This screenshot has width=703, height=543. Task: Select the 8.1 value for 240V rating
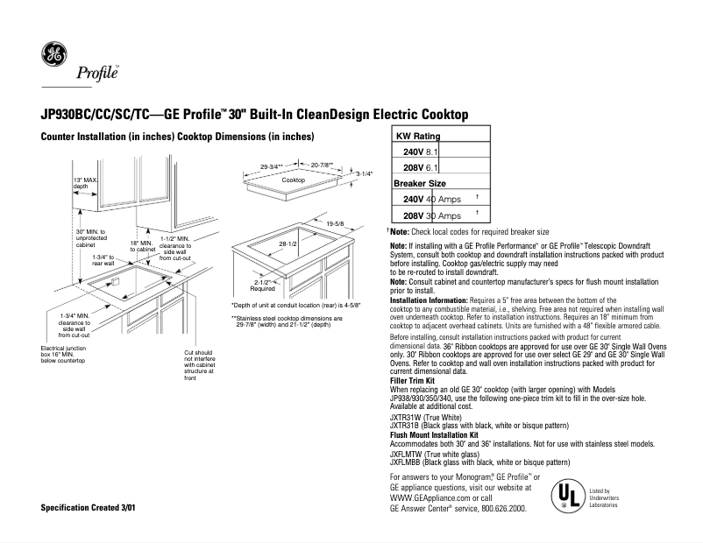tap(431, 152)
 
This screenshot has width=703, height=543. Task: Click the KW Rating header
tap(418, 137)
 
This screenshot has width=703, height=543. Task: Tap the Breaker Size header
tap(420, 184)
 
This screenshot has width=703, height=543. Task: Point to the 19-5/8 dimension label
tap(336, 224)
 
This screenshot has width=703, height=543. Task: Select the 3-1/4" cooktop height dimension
tap(364, 174)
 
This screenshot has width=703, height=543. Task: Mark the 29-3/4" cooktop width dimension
tap(275, 166)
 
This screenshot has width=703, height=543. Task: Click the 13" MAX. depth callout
tap(84, 183)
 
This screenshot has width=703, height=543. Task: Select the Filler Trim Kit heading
tap(420, 382)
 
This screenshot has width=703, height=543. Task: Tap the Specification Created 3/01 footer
tap(88, 509)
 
